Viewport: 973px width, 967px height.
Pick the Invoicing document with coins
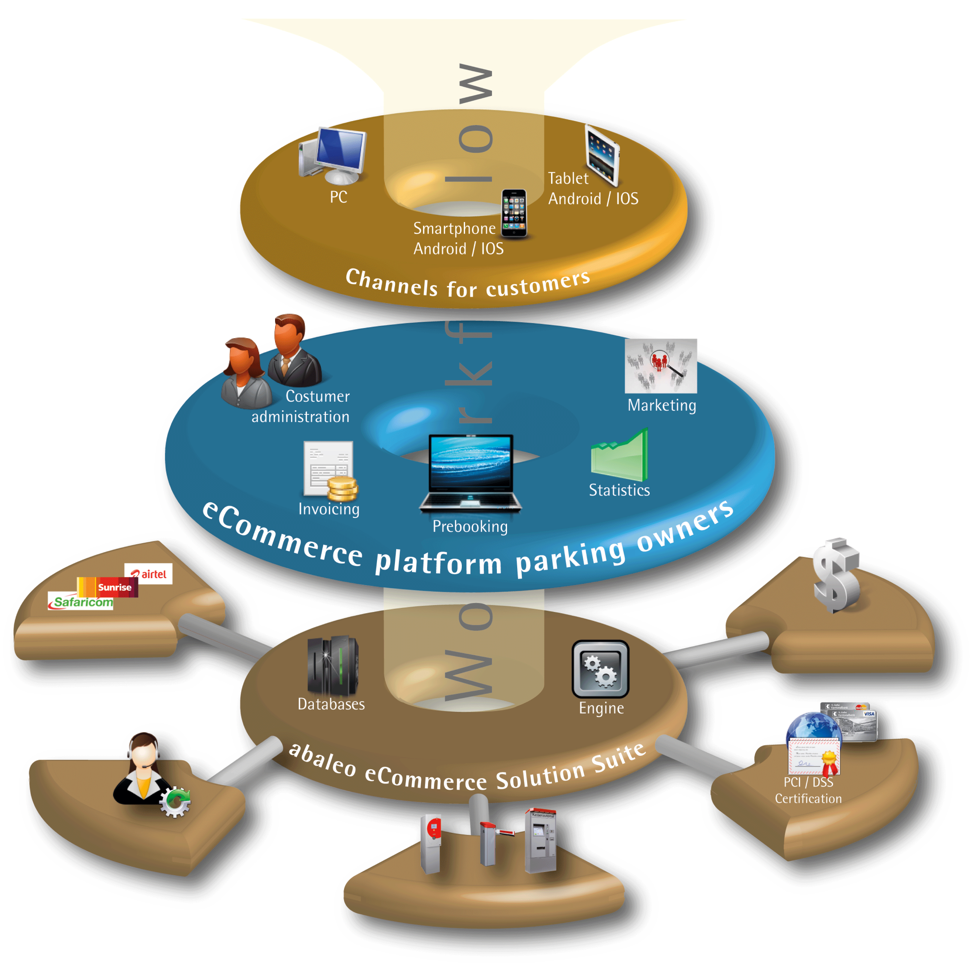tap(330, 471)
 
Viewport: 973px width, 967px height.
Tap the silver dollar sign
tap(836, 575)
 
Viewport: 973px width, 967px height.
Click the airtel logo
tap(149, 574)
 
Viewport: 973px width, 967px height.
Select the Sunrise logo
tap(108, 587)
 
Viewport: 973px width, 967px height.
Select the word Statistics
tap(619, 490)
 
